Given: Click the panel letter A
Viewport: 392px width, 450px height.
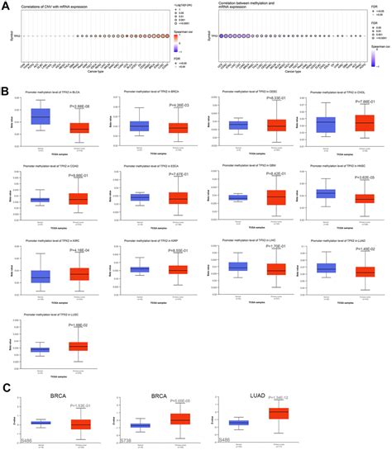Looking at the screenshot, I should point(5,4).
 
